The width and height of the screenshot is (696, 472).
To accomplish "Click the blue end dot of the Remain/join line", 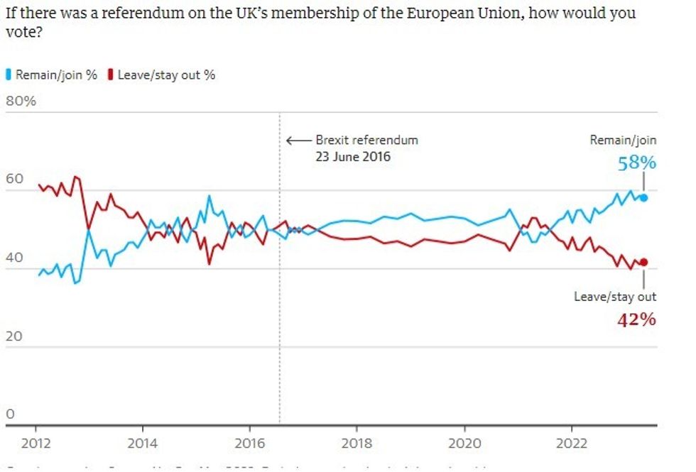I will pos(643,197).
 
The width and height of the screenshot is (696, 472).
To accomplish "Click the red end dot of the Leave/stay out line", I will pos(643,262).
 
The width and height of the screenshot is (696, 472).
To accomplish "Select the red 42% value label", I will pos(637,319).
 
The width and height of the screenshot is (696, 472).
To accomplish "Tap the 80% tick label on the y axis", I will pos(21,101).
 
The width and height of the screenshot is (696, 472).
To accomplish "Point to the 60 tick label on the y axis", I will pos(14,179).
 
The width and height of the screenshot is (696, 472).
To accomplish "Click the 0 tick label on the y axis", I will pos(10,414).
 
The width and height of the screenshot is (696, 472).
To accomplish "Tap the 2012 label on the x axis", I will pos(36,444).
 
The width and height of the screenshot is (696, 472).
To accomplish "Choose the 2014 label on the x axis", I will pos(143,444).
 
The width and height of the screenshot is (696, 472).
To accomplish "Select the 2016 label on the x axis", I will pos(249,444).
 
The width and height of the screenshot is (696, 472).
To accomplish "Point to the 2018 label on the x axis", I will pos(357,444).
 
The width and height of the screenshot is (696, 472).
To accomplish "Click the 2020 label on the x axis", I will pos(464,444).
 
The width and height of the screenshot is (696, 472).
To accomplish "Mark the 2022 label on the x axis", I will pos(571,444).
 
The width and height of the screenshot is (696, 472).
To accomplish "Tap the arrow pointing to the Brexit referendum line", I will pos(298,140).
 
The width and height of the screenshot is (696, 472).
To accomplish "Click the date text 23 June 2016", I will pos(353,157).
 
